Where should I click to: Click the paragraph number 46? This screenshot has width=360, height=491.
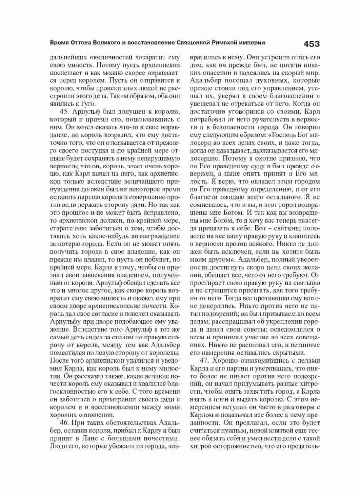[x=65, y=423]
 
